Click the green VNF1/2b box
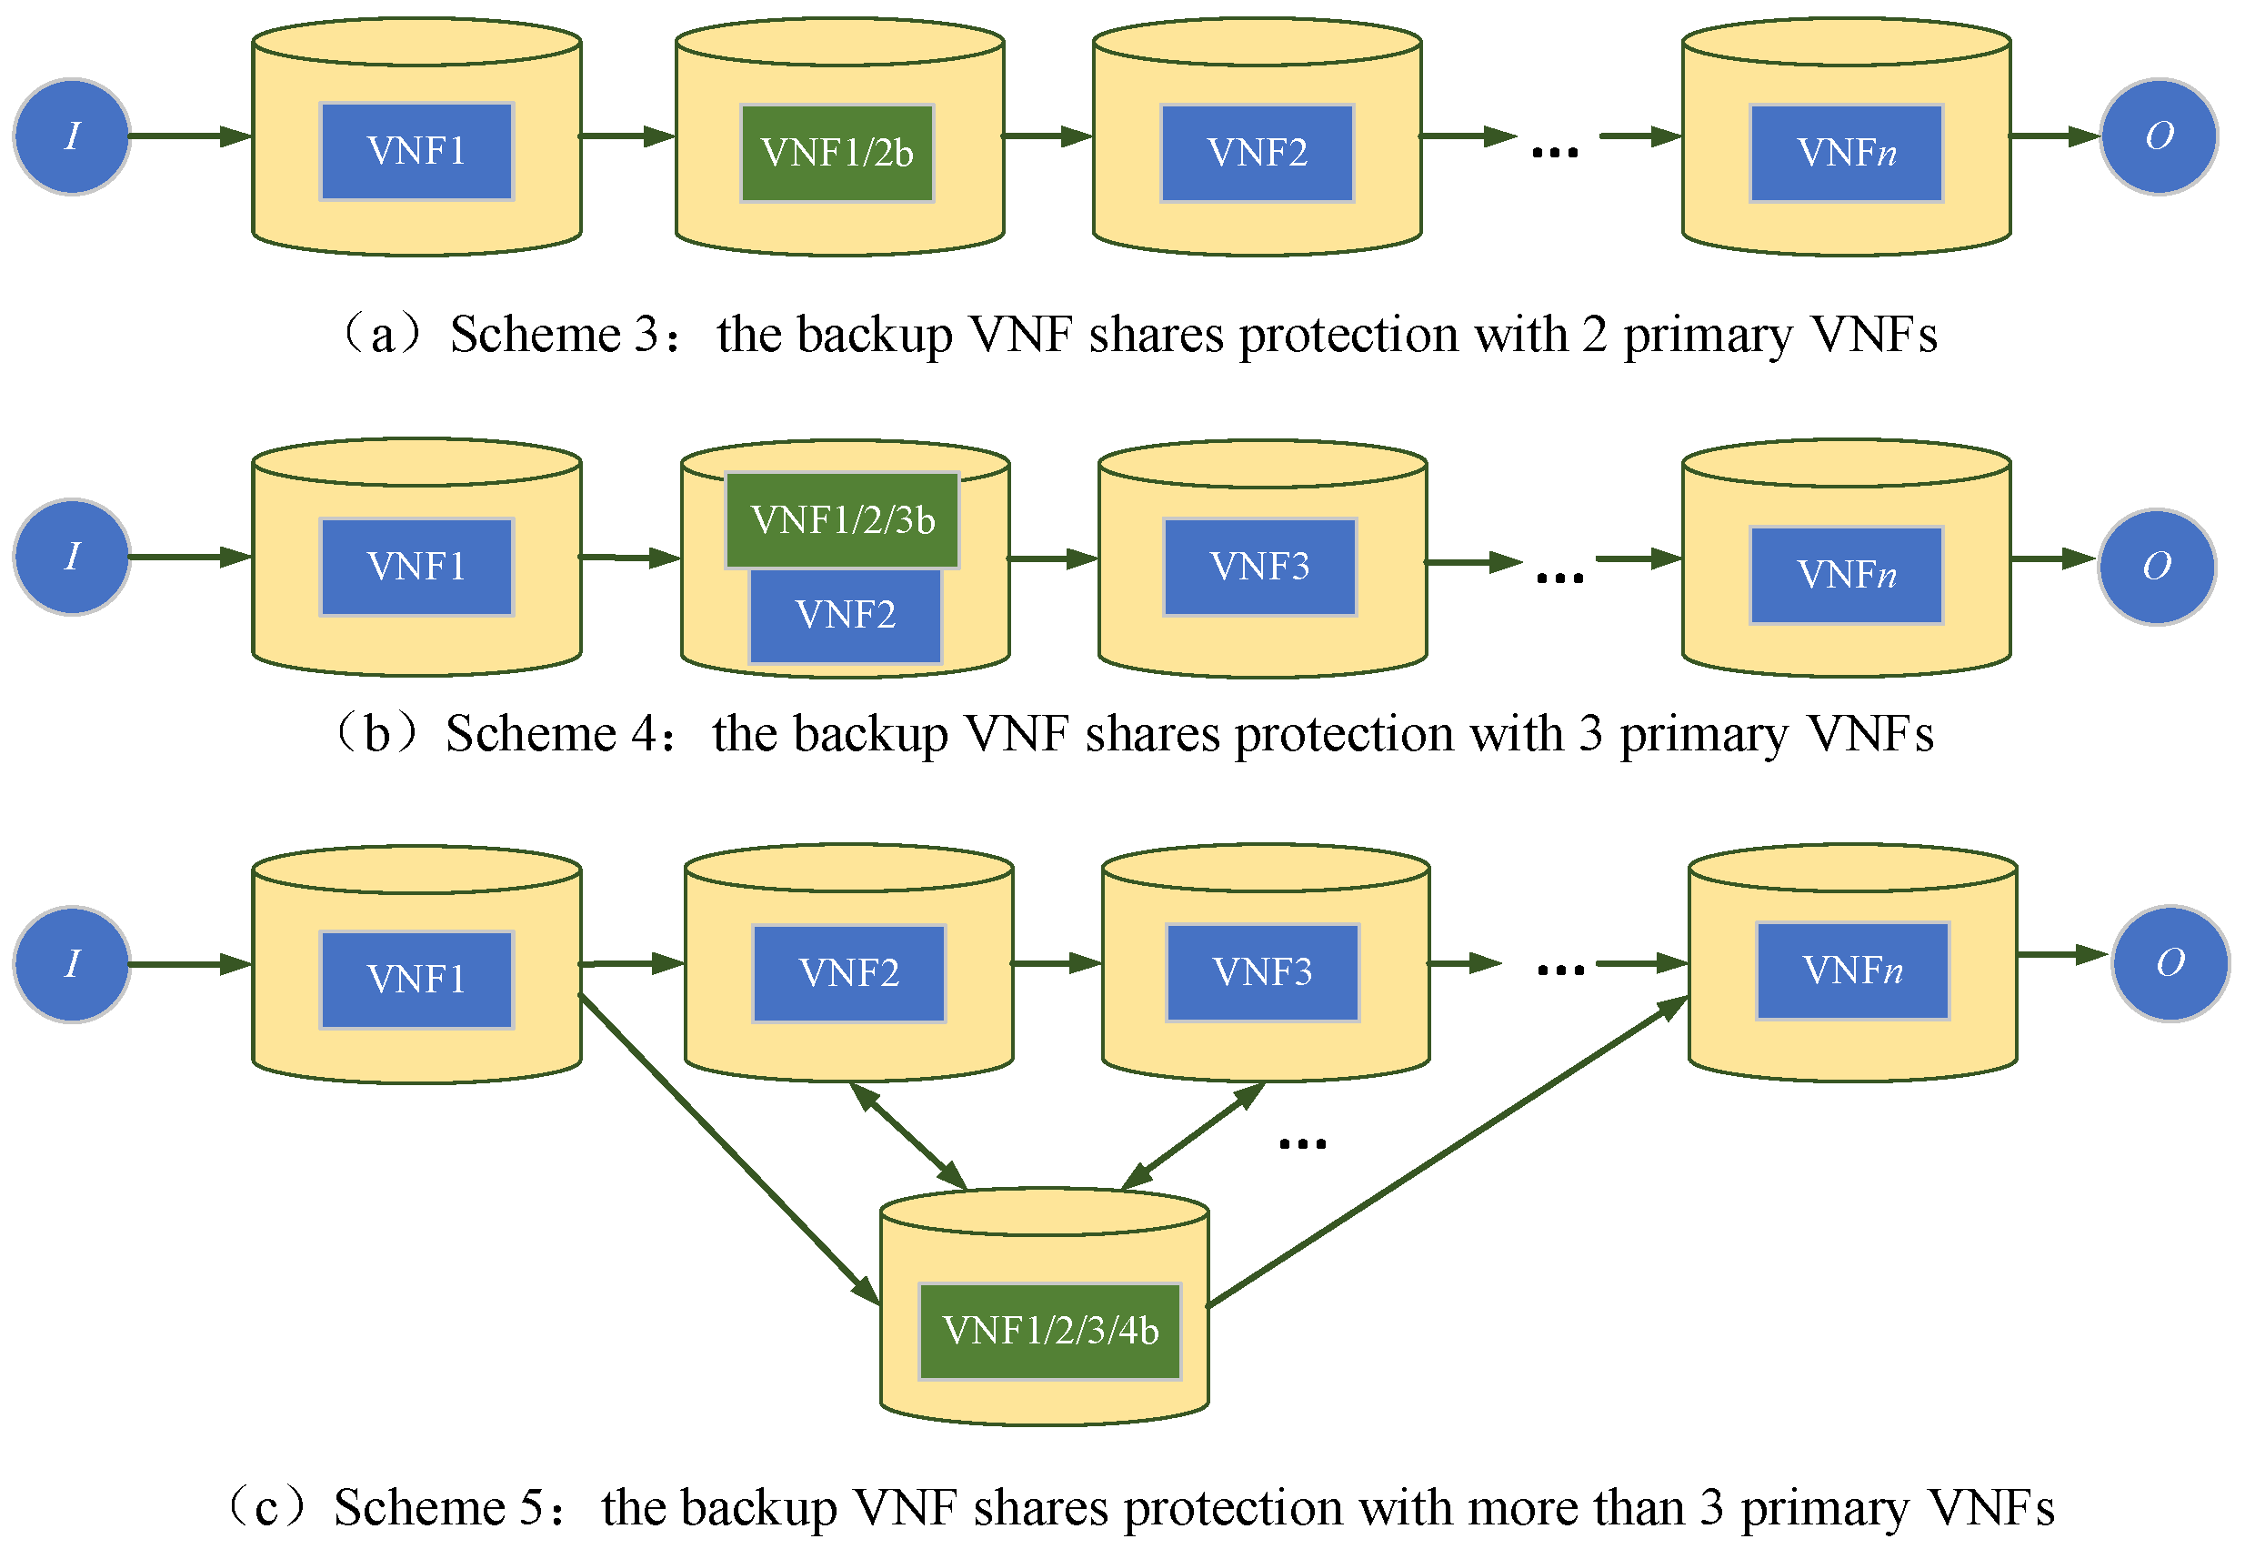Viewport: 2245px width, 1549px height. (837, 154)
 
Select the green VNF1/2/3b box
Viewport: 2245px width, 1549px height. (842, 520)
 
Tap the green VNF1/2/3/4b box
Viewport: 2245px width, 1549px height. (1049, 1331)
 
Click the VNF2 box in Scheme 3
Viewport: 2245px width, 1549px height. (1257, 154)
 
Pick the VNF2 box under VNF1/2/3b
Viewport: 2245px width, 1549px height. (845, 616)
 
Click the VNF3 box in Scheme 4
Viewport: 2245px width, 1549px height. (1259, 567)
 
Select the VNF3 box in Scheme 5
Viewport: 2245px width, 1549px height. (1262, 972)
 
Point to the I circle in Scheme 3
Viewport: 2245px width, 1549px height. (72, 136)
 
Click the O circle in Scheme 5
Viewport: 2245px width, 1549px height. (2170, 963)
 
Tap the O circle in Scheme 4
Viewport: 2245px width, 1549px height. (2157, 567)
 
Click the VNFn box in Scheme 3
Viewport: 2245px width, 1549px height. (1846, 154)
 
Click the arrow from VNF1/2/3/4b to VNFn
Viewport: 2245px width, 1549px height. (1448, 1152)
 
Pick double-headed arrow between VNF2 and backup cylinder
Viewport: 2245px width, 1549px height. (908, 1135)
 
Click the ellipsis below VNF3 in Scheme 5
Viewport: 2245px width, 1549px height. (1302, 1143)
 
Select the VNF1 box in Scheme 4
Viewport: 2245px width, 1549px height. (416, 567)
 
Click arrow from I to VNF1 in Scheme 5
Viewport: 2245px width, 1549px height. (190, 964)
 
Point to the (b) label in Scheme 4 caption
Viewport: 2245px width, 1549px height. (376, 734)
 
